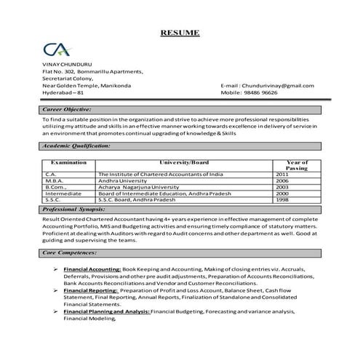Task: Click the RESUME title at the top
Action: [x=180, y=33]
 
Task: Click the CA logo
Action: [x=56, y=50]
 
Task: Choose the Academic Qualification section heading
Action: [x=76, y=145]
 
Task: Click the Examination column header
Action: [x=69, y=162]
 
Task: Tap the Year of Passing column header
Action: [x=297, y=165]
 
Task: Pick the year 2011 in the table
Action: [x=282, y=175]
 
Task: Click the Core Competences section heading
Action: [x=70, y=252]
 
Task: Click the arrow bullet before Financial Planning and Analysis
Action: [x=56, y=311]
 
